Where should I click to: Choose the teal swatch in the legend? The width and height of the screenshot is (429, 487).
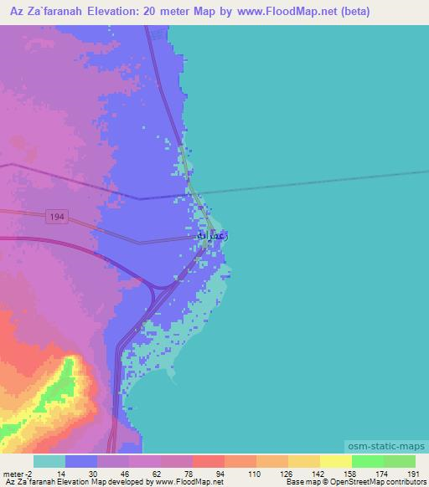49,461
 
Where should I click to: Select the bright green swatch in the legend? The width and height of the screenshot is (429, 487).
368,461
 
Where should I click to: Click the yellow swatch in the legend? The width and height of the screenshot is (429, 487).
336,461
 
